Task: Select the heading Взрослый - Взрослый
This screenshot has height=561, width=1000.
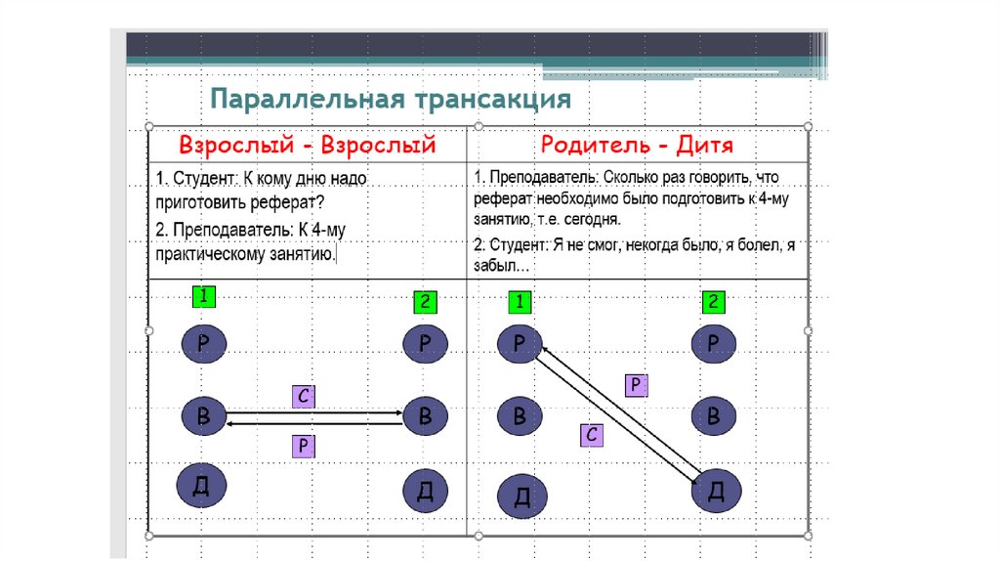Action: pos(307,146)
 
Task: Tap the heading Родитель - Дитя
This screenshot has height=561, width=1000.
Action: pos(637,146)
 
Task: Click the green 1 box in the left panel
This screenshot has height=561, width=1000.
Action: pos(203,294)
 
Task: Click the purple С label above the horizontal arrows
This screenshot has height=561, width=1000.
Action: pos(304,397)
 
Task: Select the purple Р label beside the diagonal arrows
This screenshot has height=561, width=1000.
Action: pos(636,385)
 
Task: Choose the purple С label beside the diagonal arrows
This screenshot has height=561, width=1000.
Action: pos(591,434)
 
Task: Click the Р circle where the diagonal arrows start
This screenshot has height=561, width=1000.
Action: pos(520,342)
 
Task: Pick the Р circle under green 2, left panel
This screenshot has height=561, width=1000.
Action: pos(425,342)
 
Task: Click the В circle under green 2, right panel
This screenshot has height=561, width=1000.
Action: pos(715,416)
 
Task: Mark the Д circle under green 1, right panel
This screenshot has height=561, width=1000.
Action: pos(521,496)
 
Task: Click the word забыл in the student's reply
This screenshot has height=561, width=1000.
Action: pos(499,266)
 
